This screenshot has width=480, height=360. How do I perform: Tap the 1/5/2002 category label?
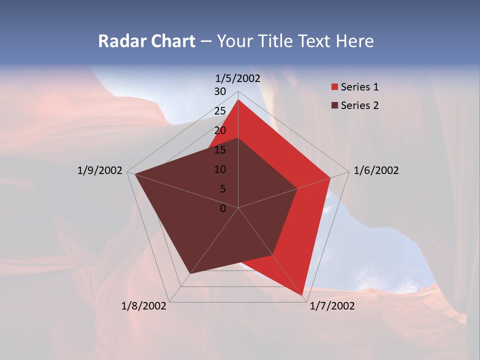238,78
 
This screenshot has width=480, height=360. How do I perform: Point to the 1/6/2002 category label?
376,170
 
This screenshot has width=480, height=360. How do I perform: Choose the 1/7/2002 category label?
332,306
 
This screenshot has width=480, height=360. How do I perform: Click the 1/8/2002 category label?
144,306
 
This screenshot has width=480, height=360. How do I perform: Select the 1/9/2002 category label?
100,170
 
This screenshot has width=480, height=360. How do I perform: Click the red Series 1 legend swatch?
334,87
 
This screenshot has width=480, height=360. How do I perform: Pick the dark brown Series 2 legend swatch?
334,105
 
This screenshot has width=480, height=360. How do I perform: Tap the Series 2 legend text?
359,105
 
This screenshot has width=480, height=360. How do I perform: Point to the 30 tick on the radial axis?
220,91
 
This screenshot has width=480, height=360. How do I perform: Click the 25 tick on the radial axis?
220,111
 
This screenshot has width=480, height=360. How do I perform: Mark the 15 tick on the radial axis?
220,150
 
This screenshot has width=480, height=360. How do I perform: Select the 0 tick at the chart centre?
223,208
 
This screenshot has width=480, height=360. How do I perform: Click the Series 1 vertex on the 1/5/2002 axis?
238,99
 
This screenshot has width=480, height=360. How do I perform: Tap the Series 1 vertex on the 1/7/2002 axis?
302,295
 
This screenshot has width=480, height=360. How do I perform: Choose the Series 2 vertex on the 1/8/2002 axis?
190,273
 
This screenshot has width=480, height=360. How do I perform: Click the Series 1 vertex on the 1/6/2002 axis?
330,177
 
